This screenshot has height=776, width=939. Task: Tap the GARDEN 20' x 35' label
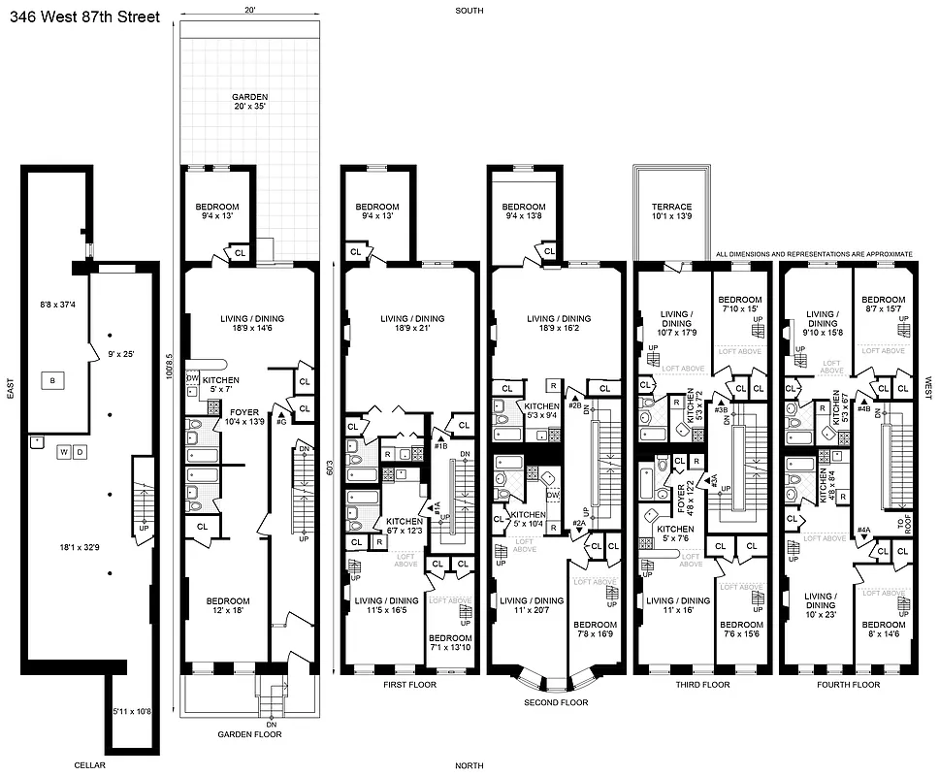point(249,103)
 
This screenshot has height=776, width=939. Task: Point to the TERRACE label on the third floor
point(671,212)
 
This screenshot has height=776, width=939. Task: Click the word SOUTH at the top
point(470,11)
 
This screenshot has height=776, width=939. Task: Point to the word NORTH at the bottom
point(471,766)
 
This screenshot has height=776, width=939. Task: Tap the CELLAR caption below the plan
point(89,765)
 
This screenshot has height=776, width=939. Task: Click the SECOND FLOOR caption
point(556,701)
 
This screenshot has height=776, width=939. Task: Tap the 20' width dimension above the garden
point(250,10)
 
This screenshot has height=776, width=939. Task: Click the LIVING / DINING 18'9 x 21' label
point(412,324)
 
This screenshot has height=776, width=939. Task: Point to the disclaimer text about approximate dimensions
point(814,254)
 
